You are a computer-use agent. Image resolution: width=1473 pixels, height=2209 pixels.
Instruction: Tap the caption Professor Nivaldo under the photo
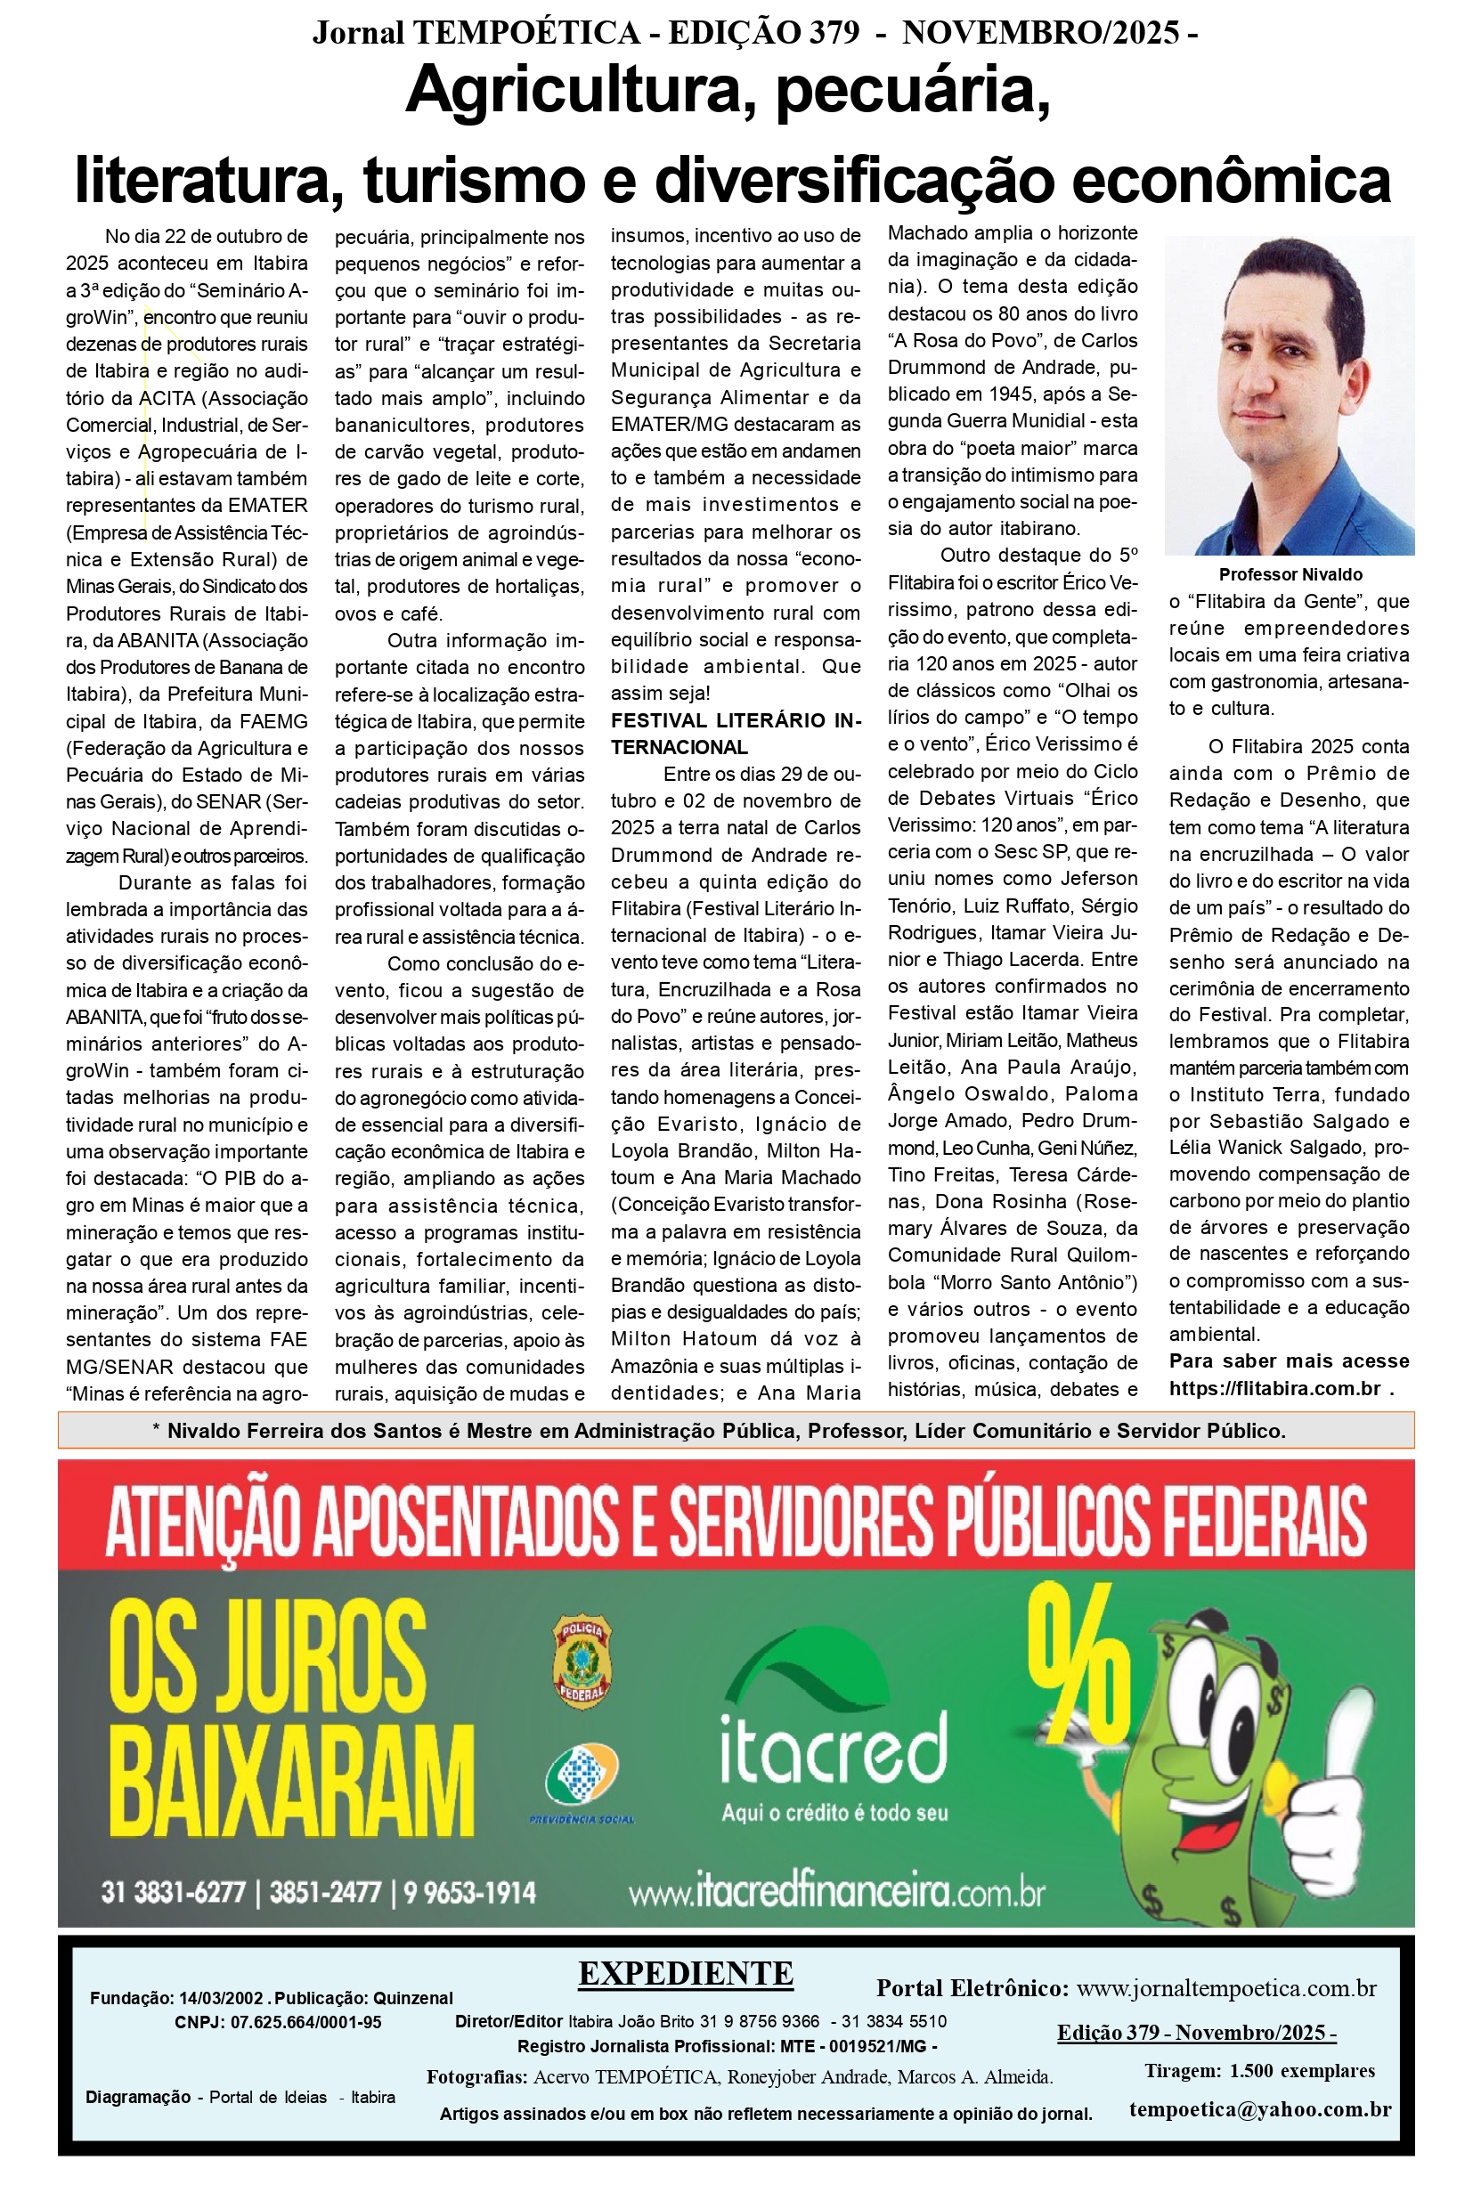point(1290,574)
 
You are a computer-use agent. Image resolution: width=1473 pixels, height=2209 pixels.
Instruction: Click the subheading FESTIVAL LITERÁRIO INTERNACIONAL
point(735,734)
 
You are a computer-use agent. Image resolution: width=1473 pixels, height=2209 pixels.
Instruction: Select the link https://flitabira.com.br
point(1274,1388)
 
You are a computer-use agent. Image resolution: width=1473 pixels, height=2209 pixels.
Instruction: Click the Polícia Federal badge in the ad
point(582,1661)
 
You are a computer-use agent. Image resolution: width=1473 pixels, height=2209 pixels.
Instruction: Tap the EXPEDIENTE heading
point(686,1973)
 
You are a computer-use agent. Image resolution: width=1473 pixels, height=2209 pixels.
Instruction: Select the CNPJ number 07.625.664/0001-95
point(305,2022)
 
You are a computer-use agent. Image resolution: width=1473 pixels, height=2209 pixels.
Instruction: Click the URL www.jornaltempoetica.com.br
point(1226,1988)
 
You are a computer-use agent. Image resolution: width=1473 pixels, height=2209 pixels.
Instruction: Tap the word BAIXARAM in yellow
point(292,1782)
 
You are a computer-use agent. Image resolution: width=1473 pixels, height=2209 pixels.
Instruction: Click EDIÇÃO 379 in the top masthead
point(763,33)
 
